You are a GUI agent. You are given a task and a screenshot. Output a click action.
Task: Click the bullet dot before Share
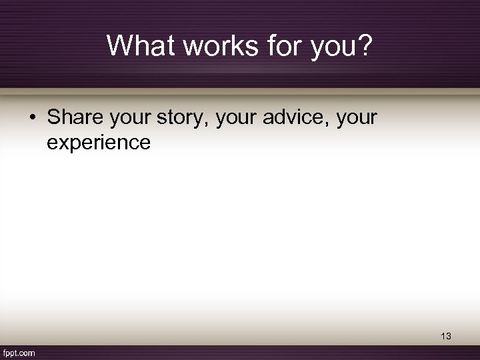pyautogui.click(x=33, y=119)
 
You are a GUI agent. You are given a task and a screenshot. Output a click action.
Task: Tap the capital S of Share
pyautogui.click(x=53, y=118)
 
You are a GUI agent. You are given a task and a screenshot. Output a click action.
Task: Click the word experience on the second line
pyautogui.click(x=99, y=142)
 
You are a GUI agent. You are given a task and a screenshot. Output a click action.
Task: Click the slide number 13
pyautogui.click(x=445, y=337)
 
